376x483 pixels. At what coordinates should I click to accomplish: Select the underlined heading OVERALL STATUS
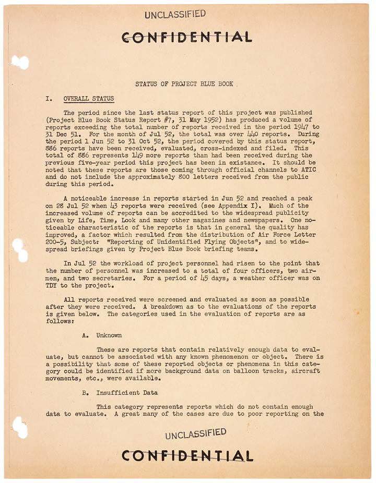(x=88, y=99)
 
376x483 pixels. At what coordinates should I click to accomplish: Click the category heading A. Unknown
(x=102, y=335)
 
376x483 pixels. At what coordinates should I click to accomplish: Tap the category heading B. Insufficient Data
(x=120, y=392)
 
